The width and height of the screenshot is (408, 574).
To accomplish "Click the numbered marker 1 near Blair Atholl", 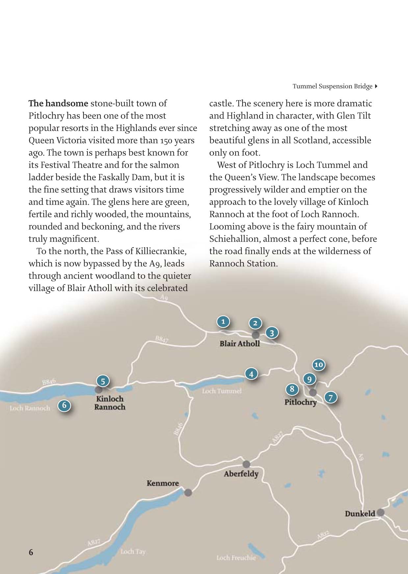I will click(x=223, y=321).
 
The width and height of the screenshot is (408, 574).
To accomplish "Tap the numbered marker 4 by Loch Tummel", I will click(x=251, y=374).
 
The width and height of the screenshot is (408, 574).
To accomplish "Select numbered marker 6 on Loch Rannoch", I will click(x=64, y=405).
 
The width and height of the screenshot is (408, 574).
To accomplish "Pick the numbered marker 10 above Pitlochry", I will click(x=319, y=364).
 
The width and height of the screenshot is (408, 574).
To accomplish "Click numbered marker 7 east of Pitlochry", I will click(x=331, y=398).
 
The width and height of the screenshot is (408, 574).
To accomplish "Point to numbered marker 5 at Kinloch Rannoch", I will click(x=103, y=381).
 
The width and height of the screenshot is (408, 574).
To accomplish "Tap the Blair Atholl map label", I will click(x=240, y=343).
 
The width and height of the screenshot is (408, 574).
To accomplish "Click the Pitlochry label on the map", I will click(x=300, y=402).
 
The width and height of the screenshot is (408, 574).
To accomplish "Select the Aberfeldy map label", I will click(x=241, y=474).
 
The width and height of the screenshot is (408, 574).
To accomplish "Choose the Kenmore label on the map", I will click(x=163, y=483).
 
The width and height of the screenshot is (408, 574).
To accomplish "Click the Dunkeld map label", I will click(x=360, y=514).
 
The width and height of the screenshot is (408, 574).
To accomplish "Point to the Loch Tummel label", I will click(x=222, y=391).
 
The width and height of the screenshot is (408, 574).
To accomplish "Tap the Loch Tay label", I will click(x=133, y=552).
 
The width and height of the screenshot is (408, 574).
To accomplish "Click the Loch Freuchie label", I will click(x=236, y=558).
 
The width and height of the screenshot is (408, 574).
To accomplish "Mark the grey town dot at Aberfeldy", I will click(x=246, y=464).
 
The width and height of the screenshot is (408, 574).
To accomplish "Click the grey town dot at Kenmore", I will click(x=188, y=493).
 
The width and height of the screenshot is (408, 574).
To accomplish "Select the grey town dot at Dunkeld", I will click(x=380, y=512).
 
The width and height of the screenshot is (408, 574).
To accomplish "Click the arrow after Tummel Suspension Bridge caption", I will click(x=376, y=86).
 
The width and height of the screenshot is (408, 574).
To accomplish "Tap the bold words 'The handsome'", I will click(x=58, y=103).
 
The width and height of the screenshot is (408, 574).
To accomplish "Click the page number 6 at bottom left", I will click(x=31, y=552).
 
